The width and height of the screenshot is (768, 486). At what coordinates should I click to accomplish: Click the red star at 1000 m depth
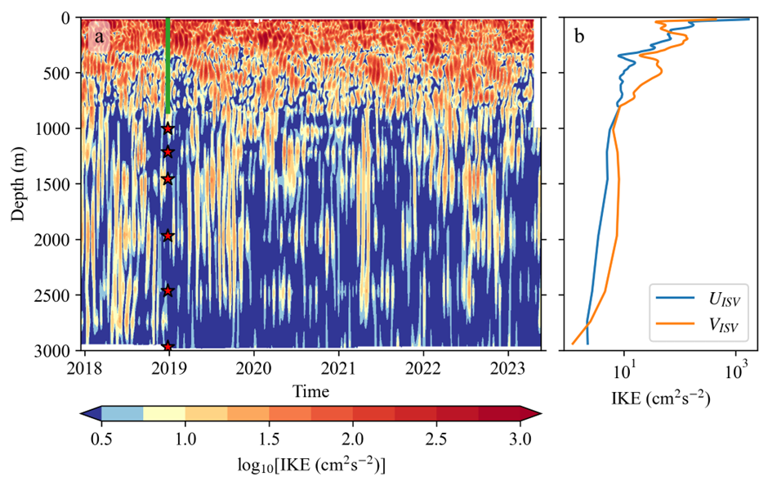pos(168,128)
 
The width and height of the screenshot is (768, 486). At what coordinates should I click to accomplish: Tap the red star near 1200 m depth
pos(168,151)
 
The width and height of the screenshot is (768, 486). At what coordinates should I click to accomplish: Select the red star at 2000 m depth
pos(168,236)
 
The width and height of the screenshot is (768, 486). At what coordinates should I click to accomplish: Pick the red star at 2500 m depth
pos(168,290)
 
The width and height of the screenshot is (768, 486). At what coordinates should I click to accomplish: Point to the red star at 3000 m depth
pos(168,347)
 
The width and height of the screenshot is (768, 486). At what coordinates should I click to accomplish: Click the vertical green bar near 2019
pos(167,65)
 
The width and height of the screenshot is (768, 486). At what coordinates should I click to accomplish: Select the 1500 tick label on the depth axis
pos(56,184)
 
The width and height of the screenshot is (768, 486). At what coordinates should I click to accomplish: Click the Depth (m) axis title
pos(19,183)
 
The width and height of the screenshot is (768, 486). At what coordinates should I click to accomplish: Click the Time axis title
pos(310,392)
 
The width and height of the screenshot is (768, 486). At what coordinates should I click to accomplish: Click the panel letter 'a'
pos(99,37)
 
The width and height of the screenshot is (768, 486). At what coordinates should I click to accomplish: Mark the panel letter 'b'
pos(578,37)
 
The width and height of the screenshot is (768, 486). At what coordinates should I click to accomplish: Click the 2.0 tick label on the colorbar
pos(353,439)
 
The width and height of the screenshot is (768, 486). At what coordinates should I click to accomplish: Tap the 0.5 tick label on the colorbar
pos(101,439)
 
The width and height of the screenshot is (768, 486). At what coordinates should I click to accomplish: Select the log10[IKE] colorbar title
pos(310,466)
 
